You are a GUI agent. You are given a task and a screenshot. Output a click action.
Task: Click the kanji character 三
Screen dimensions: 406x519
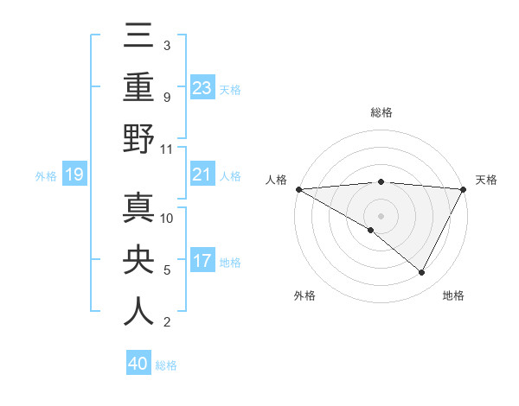(138, 35)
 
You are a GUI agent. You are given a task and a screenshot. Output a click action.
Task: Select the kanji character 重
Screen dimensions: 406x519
(138, 86)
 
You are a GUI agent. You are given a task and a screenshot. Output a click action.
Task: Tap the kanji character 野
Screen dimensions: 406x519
(138, 139)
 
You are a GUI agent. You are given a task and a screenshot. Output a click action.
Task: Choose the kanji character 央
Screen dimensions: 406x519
(138, 259)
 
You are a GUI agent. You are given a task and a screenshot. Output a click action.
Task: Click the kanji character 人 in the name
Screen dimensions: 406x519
(138, 312)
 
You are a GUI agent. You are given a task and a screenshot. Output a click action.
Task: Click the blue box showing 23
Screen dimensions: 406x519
(202, 87)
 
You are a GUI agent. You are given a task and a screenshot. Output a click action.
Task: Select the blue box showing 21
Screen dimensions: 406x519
(202, 175)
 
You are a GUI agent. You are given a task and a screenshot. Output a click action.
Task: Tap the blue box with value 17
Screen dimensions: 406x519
(202, 262)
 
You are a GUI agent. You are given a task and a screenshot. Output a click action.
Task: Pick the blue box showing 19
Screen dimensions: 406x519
(74, 175)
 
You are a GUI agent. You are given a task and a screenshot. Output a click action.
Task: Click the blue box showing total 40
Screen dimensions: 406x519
(138, 364)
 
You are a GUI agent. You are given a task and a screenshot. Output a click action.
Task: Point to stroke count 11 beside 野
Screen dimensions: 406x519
(167, 149)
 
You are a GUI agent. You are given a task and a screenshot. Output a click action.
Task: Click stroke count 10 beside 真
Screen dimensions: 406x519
(167, 218)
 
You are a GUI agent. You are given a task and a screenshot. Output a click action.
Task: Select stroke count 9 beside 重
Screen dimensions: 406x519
(166, 97)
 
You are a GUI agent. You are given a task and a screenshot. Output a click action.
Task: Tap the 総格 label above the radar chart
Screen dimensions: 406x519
(381, 112)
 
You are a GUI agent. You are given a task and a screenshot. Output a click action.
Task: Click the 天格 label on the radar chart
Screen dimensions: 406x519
(487, 180)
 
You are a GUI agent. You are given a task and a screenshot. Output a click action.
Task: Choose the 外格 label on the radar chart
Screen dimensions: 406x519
(304, 295)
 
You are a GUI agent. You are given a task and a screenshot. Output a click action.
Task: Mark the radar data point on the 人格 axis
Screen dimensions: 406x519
(298, 188)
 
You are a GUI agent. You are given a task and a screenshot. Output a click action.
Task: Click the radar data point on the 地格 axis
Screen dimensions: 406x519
(422, 272)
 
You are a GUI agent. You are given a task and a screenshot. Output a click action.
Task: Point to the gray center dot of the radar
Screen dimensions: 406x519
(381, 215)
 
